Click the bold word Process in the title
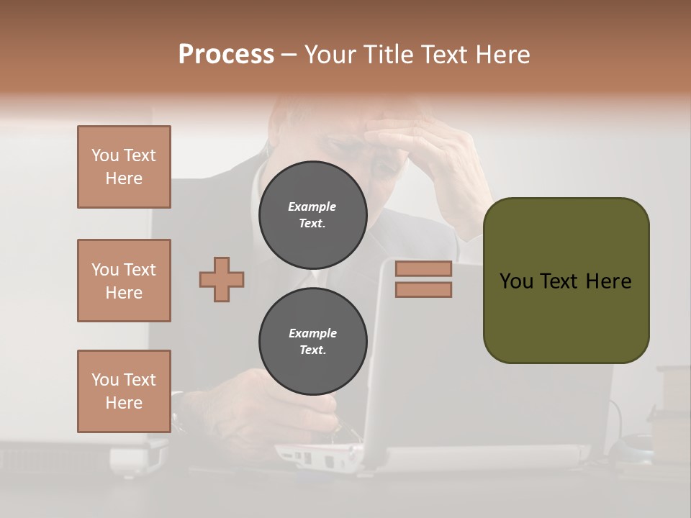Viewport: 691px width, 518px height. tap(226, 55)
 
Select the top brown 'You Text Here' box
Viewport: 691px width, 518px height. tap(124, 167)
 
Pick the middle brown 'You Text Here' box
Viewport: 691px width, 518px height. tap(124, 281)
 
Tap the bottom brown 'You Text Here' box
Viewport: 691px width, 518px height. tap(124, 391)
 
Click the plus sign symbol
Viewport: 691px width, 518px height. tap(222, 279)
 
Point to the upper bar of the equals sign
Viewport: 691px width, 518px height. tap(423, 268)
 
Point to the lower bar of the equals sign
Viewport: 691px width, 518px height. tap(423, 290)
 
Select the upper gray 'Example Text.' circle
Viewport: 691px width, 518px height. tap(312, 214)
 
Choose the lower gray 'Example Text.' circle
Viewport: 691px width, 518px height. tap(312, 342)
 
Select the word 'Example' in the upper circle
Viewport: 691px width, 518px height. tap(312, 206)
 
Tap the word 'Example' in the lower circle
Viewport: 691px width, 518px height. tap(312, 333)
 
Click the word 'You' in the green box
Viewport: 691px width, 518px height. tap(516, 281)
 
